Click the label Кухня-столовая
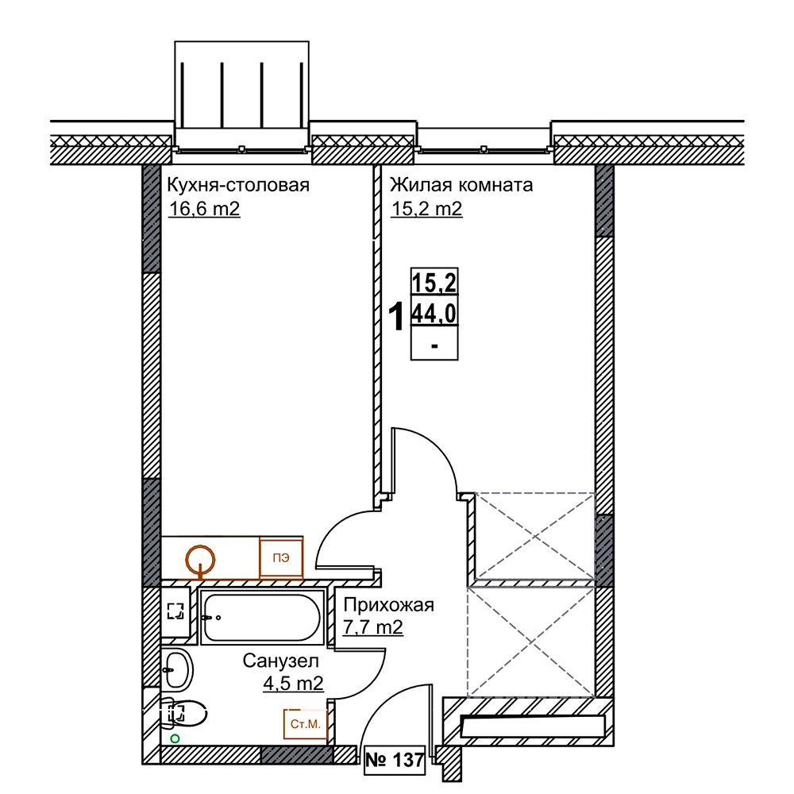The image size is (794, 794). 238,185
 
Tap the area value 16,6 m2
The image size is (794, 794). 204,209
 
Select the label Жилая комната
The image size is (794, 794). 461,185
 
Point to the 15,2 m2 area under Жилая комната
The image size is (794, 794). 427,209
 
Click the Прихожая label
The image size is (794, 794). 389,605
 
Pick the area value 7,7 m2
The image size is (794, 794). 373,627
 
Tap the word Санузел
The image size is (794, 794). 280,661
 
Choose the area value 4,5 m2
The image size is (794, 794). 293,684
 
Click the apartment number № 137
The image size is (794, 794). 395,760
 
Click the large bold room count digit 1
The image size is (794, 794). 396,316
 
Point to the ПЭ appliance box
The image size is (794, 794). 281,557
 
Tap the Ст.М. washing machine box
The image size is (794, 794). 306,724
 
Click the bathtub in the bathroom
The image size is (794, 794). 262,617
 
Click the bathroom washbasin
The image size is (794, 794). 177,669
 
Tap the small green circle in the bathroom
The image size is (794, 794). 175,738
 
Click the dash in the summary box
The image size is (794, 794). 434,346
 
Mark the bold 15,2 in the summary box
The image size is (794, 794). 434,282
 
